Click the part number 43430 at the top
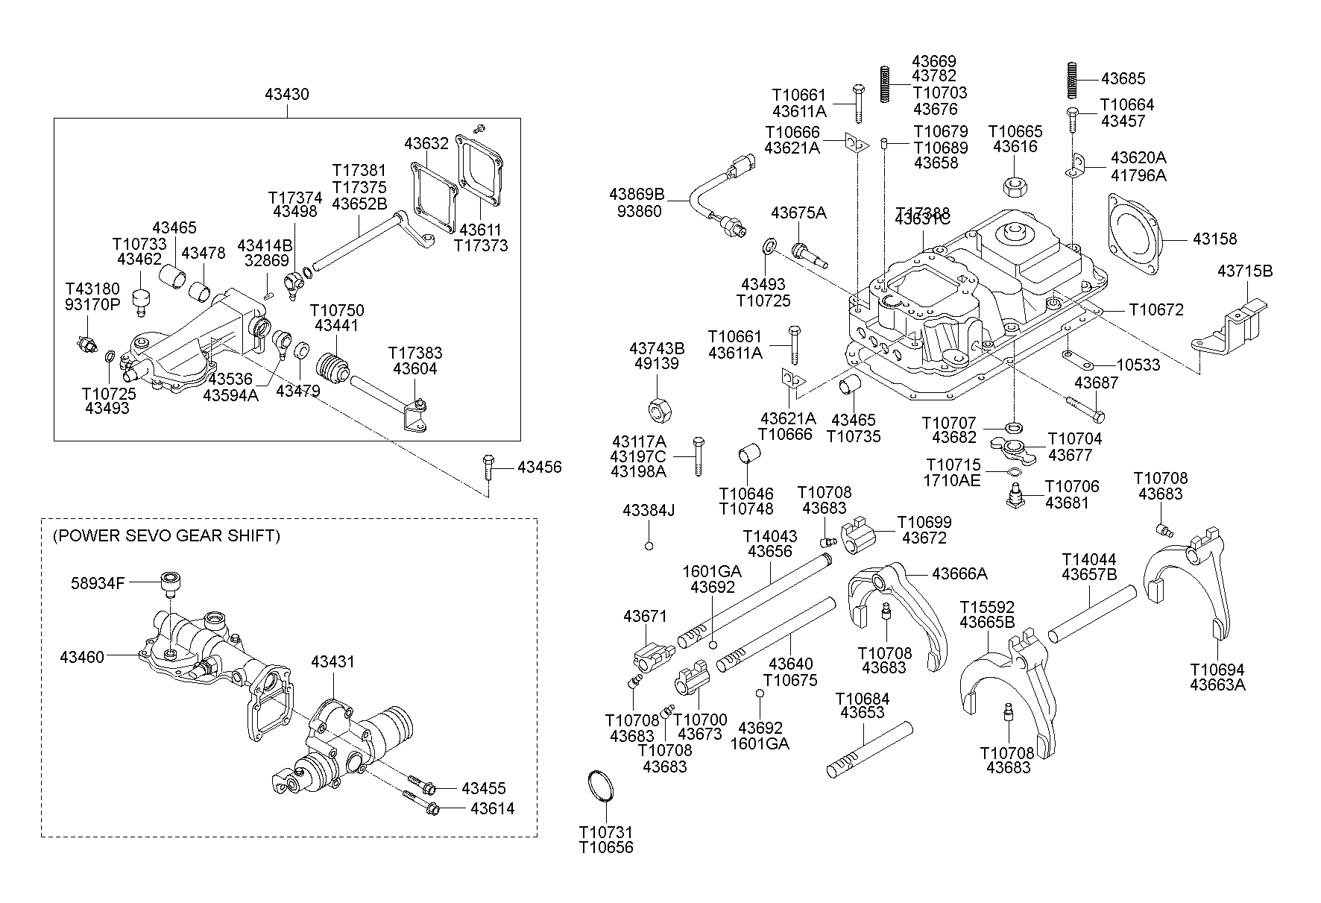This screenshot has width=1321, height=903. (287, 95)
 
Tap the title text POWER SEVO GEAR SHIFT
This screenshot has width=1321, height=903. (166, 536)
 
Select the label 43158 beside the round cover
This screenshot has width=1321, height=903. (1214, 239)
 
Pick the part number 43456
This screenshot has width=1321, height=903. (540, 468)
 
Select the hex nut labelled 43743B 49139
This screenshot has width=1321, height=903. (658, 409)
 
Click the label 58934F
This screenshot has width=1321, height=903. (98, 583)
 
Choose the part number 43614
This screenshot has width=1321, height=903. (493, 808)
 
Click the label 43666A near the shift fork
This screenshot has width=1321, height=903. (959, 573)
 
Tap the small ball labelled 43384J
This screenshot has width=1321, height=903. (649, 546)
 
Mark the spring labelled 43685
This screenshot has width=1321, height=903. (1071, 79)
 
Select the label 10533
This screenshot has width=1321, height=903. (1138, 365)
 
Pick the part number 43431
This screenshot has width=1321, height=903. (332, 661)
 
